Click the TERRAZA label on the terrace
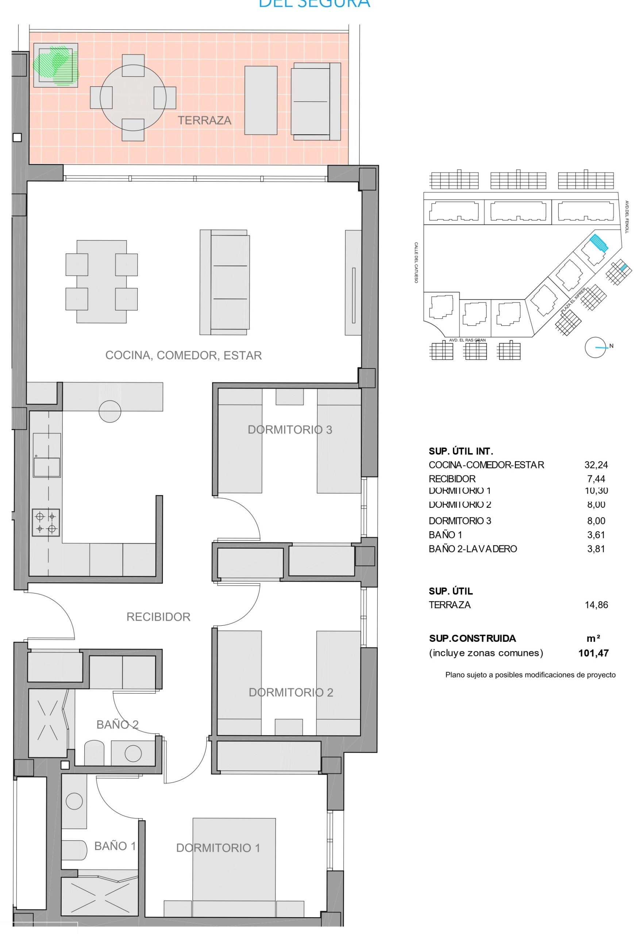(205, 120)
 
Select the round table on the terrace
(133, 97)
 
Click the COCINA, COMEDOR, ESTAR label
(183, 355)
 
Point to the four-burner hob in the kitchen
(46, 522)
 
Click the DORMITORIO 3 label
(290, 430)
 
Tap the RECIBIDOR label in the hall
(158, 617)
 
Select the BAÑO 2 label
(117, 725)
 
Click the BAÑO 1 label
(115, 846)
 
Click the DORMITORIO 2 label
(290, 692)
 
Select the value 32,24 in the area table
(596, 465)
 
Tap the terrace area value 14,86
(596, 605)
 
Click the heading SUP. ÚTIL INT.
(461, 451)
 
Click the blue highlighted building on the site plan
(598, 243)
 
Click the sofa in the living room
(224, 282)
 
